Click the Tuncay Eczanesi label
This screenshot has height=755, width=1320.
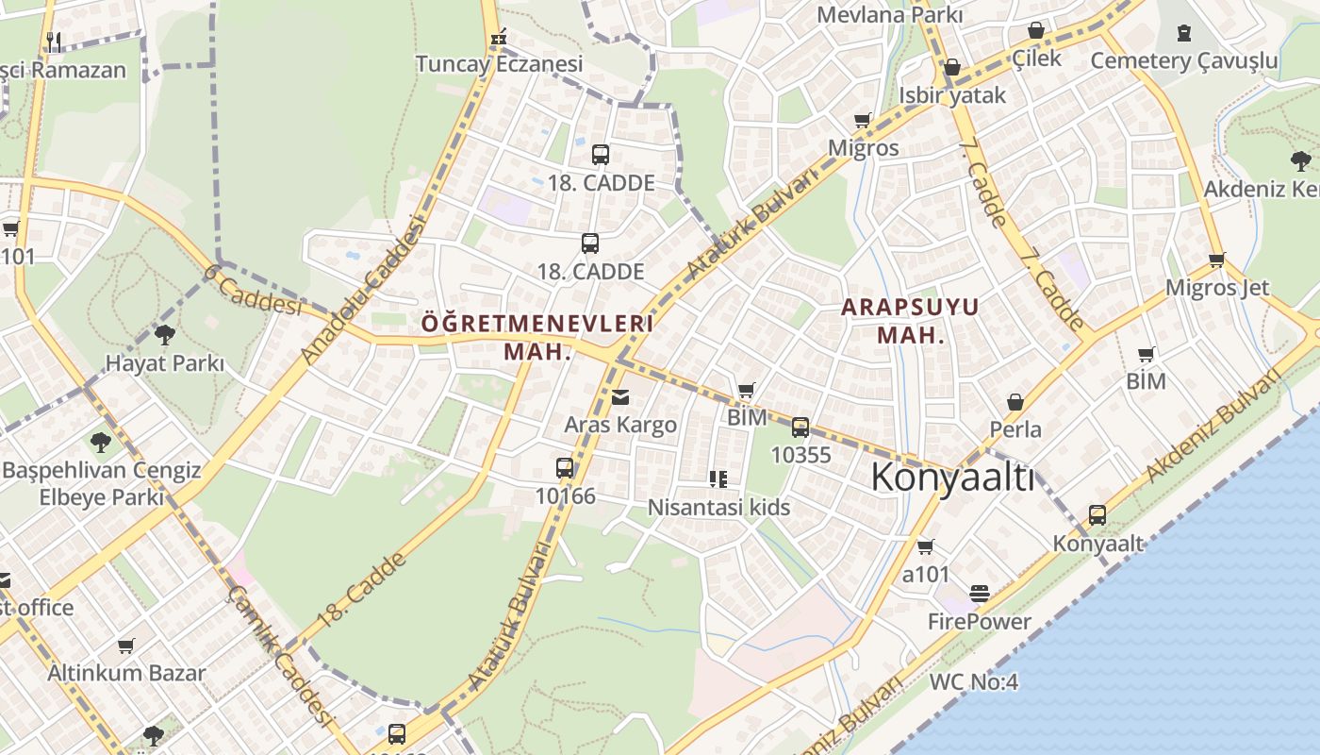[500, 64]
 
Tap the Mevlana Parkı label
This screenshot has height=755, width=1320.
[889, 15]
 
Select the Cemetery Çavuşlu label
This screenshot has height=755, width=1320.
[1184, 61]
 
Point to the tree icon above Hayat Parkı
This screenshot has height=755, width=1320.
[165, 334]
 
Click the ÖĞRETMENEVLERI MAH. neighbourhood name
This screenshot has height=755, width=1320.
[537, 337]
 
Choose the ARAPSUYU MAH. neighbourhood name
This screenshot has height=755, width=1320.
[910, 321]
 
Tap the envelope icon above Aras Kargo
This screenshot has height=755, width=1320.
[619, 397]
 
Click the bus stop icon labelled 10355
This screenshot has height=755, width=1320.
[800, 428]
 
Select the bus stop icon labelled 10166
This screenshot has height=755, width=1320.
[565, 468]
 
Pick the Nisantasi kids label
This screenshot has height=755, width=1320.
[718, 508]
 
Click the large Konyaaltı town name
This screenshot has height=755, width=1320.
[952, 478]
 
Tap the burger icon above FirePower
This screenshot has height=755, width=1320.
[980, 594]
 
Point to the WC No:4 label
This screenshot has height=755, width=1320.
[974, 681]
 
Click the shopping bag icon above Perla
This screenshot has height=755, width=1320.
[1015, 402]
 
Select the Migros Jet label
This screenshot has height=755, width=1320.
[1217, 288]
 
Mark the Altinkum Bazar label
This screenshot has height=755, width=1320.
[126, 673]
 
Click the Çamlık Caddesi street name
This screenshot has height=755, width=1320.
[282, 655]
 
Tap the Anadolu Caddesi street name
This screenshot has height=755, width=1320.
[363, 288]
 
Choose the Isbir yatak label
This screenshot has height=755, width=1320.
[952, 95]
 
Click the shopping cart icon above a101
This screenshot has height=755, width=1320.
[926, 546]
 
